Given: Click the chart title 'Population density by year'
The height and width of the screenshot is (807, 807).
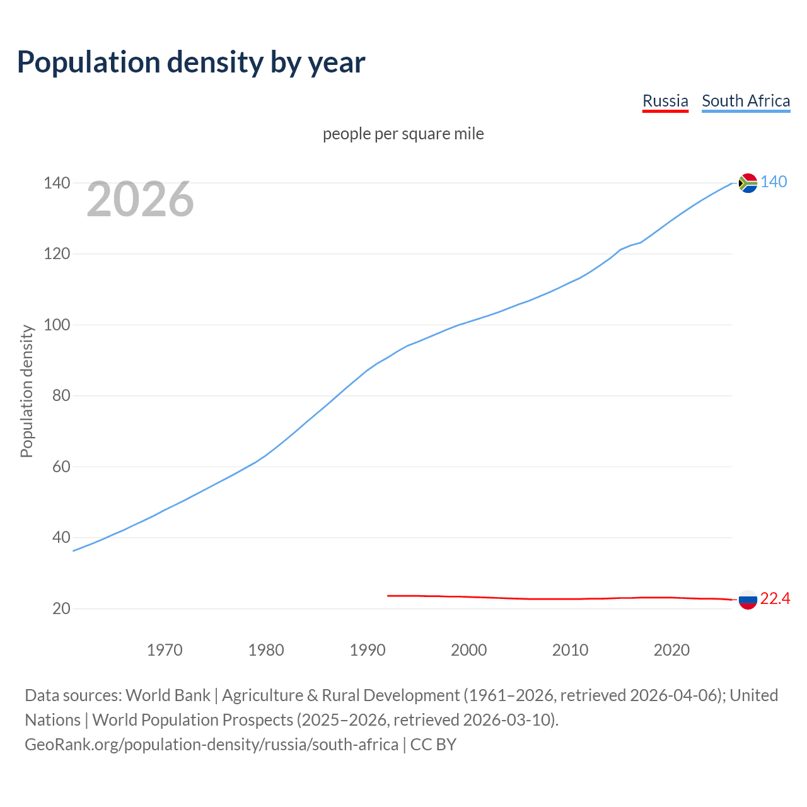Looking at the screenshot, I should pyautogui.click(x=191, y=62).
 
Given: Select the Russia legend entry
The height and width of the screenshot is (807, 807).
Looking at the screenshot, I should pyautogui.click(x=665, y=101).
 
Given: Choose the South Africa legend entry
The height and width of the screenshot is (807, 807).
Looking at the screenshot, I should pyautogui.click(x=745, y=101).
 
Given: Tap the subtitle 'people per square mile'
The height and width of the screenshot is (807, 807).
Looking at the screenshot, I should pyautogui.click(x=403, y=134).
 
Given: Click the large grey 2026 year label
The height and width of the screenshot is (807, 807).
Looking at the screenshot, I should pyautogui.click(x=140, y=199).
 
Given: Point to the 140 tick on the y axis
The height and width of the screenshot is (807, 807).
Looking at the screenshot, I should pyautogui.click(x=57, y=183).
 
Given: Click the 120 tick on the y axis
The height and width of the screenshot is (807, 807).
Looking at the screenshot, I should pyautogui.click(x=57, y=254).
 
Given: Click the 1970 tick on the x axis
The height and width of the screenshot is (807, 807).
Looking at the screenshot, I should pyautogui.click(x=165, y=650).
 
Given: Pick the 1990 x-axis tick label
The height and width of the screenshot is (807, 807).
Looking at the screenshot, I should pyautogui.click(x=368, y=650).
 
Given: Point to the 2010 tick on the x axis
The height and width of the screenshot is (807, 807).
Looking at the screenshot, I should pyautogui.click(x=570, y=650).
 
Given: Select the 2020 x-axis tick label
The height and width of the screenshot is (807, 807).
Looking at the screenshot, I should pyautogui.click(x=671, y=650).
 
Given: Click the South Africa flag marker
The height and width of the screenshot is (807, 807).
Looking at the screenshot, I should pyautogui.click(x=748, y=183).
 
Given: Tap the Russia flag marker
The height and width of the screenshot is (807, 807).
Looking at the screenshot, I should pyautogui.click(x=748, y=600).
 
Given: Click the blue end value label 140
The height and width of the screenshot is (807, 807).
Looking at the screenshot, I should pyautogui.click(x=774, y=182).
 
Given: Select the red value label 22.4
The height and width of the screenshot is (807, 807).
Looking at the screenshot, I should pyautogui.click(x=775, y=599).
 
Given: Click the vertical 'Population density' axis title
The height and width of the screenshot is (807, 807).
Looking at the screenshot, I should pyautogui.click(x=26, y=391).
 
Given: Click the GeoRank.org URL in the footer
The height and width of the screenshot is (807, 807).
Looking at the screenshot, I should pyautogui.click(x=211, y=745).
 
